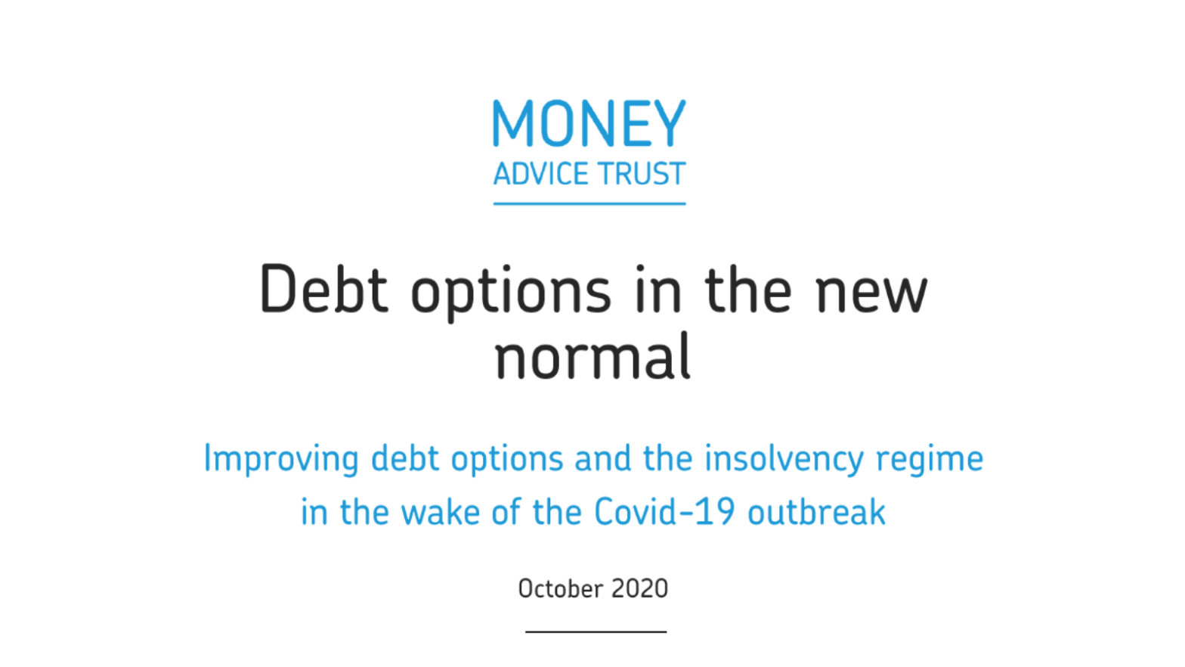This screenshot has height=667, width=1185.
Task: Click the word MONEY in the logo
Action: [x=589, y=124]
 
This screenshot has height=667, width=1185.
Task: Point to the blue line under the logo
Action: [x=589, y=203]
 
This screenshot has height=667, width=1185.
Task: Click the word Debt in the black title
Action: [x=323, y=290]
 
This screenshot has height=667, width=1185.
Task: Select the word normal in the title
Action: [x=592, y=358]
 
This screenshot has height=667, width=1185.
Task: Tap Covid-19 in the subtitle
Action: [x=664, y=513]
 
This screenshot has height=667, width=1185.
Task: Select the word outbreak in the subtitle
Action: [x=816, y=513]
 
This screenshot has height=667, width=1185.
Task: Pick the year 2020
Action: [x=639, y=589]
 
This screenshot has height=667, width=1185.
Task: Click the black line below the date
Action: [x=596, y=631]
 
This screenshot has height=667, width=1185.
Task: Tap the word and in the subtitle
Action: [x=602, y=459]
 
